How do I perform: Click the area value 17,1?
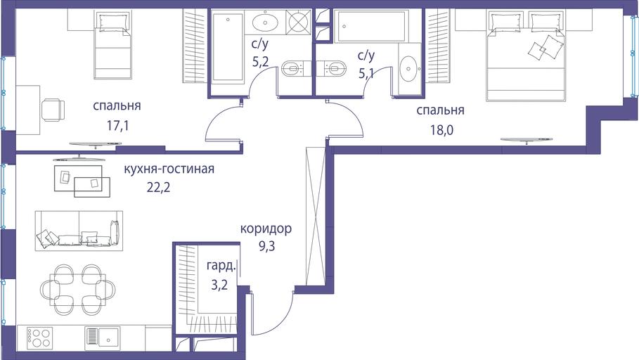(118, 126)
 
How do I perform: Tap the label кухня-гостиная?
(169, 169)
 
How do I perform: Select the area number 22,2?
(159, 187)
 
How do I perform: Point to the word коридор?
(266, 229)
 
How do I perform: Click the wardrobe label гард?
(221, 266)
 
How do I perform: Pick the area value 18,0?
(441, 130)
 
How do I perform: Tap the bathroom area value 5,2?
(260, 62)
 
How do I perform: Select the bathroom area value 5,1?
(366, 73)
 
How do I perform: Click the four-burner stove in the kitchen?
(39, 338)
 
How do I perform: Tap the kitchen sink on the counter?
(103, 337)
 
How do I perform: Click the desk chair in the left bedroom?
(53, 110)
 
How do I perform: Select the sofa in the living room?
(79, 231)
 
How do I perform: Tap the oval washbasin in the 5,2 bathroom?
(265, 22)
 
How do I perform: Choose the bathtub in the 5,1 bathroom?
(371, 27)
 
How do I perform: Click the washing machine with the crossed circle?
(299, 22)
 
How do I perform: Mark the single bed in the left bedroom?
(113, 45)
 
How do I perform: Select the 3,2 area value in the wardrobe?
(219, 285)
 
